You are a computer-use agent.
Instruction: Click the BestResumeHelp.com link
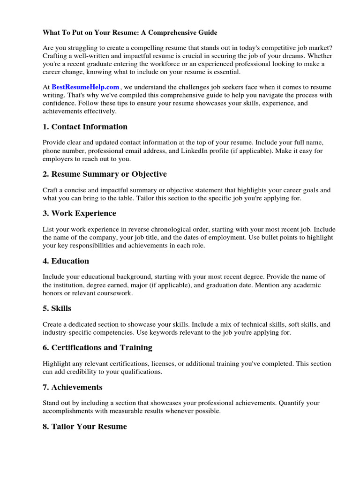[85, 87]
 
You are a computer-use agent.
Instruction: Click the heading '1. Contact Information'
[85, 127]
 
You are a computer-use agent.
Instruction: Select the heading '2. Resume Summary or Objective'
[105, 174]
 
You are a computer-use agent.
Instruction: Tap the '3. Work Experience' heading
[79, 213]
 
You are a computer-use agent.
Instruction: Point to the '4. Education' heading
[66, 261]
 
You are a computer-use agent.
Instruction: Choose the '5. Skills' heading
[57, 308]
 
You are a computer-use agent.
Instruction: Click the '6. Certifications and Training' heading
[97, 347]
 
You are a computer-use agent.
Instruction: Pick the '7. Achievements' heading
[73, 387]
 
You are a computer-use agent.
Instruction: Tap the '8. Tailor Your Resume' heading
[85, 427]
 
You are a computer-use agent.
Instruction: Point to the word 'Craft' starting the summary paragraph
[51, 190]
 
